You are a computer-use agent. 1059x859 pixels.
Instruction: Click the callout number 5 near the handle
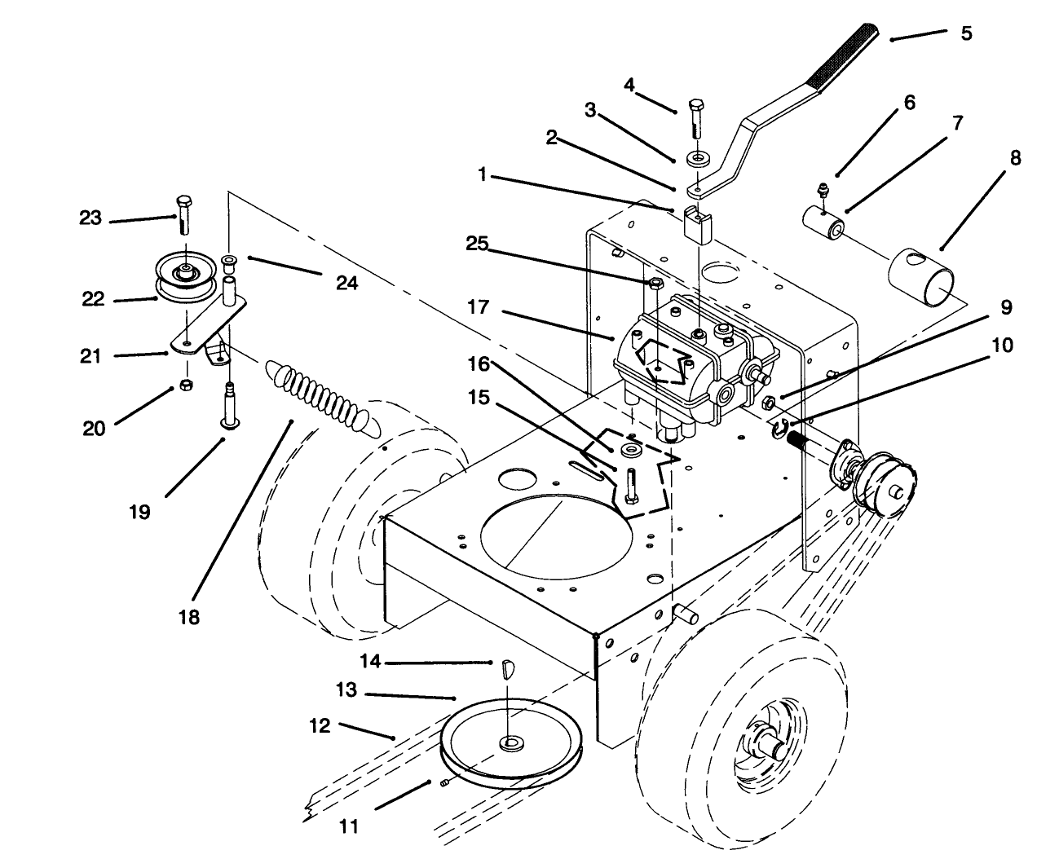pyautogui.click(x=966, y=34)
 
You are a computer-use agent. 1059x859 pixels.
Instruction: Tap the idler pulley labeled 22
pyautogui.click(x=185, y=278)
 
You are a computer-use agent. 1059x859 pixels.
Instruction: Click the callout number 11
pyautogui.click(x=348, y=826)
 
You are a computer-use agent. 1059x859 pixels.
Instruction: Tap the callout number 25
pyautogui.click(x=479, y=244)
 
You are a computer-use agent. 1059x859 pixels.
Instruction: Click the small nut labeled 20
pyautogui.click(x=185, y=384)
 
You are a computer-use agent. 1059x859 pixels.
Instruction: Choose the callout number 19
pyautogui.click(x=139, y=512)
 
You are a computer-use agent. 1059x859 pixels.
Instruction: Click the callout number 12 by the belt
pyautogui.click(x=320, y=725)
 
